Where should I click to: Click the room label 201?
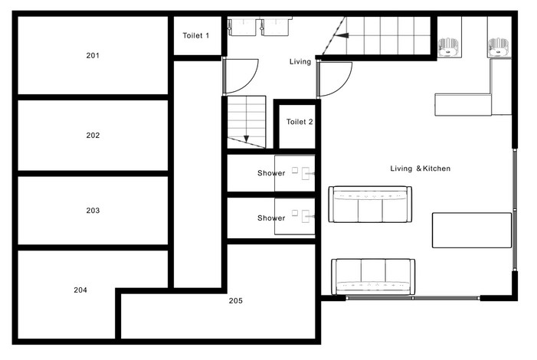click(93, 55)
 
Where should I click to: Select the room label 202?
click(93, 136)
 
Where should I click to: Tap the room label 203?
click(93, 211)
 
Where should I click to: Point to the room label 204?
click(80, 290)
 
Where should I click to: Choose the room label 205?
click(236, 301)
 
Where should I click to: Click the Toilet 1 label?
click(196, 36)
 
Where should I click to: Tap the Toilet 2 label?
click(300, 122)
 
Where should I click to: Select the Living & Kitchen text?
click(421, 169)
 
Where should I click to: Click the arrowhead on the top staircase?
click(342, 35)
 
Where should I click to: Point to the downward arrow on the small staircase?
click(246, 139)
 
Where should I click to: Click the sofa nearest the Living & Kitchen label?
click(370, 205)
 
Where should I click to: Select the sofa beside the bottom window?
click(373, 277)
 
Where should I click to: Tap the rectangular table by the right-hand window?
click(472, 231)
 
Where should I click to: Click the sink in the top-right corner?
click(498, 47)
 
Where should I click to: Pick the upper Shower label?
click(271, 173)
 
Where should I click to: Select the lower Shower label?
click(271, 218)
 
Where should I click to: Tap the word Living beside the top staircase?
click(300, 62)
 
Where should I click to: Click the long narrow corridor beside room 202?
click(198, 175)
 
